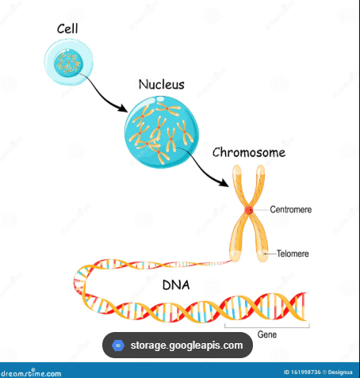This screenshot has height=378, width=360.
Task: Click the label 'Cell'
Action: click(67, 29)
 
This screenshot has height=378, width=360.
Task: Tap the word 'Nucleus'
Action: click(162, 85)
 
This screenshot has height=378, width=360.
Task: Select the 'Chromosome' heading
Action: click(249, 153)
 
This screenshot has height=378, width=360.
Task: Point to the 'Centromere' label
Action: click(291, 210)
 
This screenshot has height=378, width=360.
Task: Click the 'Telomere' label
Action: click(293, 254)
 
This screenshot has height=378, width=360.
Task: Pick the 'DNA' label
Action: click(176, 285)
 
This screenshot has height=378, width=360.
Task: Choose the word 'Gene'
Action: click(267, 334)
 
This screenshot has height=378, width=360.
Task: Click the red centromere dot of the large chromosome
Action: click(249, 210)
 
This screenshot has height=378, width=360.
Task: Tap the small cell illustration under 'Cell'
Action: click(68, 62)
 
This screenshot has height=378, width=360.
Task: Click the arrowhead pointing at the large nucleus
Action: click(123, 108)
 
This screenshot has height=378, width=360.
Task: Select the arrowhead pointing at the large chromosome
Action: click(224, 182)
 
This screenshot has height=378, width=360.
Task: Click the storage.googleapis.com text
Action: click(186, 346)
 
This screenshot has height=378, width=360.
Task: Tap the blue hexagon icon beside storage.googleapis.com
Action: click(118, 346)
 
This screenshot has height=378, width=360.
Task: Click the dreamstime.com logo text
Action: click(31, 373)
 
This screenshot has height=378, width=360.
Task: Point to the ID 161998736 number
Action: click(302, 372)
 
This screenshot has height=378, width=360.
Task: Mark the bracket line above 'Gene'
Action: click(267, 327)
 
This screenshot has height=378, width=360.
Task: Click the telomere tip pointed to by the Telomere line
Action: click(262, 254)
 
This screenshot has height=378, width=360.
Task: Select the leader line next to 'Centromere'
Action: click(261, 210)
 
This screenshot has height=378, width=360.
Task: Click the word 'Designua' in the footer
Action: click(340, 372)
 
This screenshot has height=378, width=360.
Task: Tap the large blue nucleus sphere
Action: click(162, 132)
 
